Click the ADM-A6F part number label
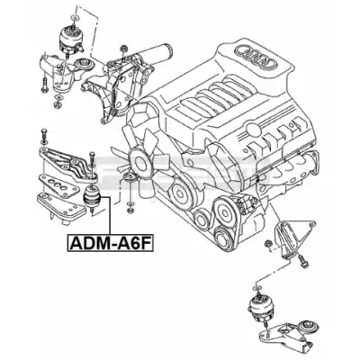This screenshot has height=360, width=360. tap(111, 242)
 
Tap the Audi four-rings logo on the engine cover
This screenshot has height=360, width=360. tap(256, 56)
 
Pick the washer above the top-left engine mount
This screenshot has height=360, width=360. tap(74, 18)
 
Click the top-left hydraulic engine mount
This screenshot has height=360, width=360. tap(71, 39)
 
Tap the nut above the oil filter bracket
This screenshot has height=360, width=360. tap(122, 48)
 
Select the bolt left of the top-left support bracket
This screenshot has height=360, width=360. tap(45, 84)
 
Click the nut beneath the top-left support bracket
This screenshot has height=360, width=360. tap(58, 105)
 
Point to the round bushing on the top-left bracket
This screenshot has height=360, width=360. tap(85, 64)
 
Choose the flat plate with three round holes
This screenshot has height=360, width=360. tap(58, 185)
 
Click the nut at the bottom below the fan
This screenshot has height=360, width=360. tap(130, 210)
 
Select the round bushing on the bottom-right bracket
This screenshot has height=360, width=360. tap(309, 327)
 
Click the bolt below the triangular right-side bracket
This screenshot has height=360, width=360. tap(302, 261)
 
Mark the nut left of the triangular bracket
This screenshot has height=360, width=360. tap(268, 244)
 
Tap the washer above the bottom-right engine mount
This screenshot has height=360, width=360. tap(257, 288)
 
